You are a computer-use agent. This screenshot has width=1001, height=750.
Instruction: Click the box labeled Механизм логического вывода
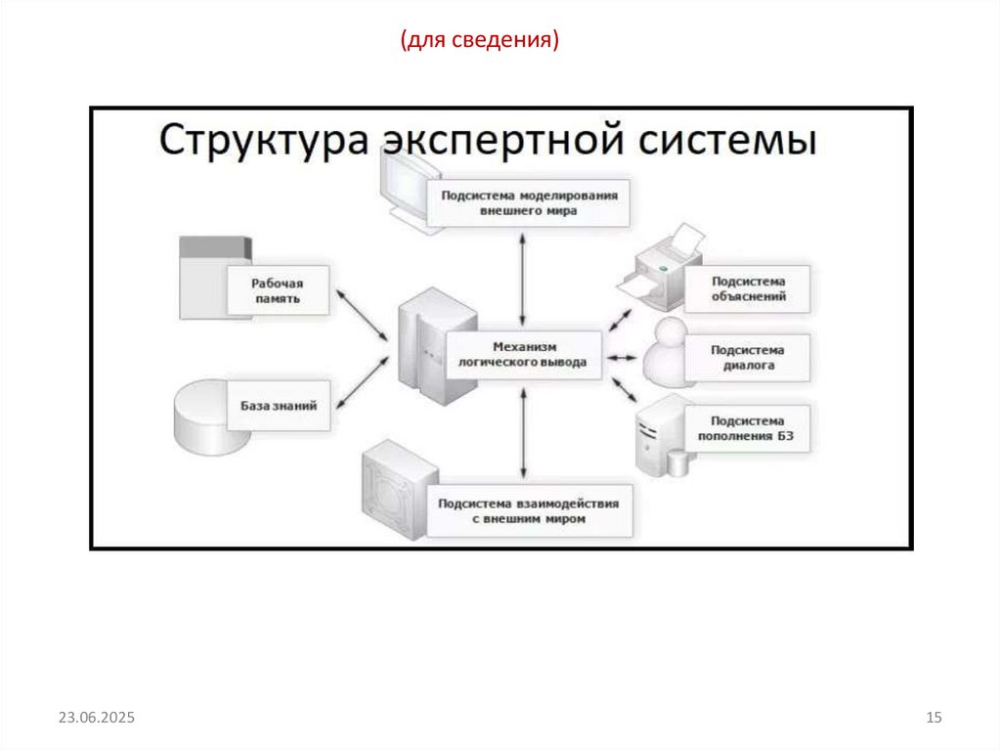pyautogui.click(x=523, y=355)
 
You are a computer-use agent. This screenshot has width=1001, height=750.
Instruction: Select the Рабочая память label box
pyautogui.click(x=279, y=290)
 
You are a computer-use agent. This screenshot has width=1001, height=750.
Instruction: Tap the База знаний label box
pyautogui.click(x=279, y=405)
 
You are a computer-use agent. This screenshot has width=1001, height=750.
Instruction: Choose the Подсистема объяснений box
pyautogui.click(x=749, y=289)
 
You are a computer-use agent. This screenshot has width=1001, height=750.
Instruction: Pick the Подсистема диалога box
pyautogui.click(x=749, y=358)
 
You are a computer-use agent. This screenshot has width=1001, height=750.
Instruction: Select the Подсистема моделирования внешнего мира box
pyautogui.click(x=529, y=202)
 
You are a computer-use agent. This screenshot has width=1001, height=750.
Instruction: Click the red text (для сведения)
pyautogui.click(x=479, y=40)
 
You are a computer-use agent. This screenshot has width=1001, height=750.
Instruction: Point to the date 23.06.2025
pyautogui.click(x=96, y=719)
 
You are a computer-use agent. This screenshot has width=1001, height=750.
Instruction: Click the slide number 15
pyautogui.click(x=933, y=719)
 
